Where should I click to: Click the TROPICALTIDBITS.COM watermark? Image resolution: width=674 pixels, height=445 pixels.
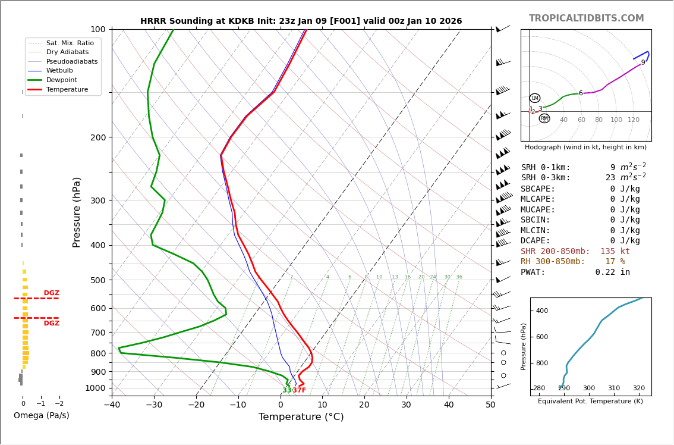(x=586, y=18)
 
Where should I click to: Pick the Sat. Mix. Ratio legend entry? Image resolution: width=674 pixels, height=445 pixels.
(x=70, y=43)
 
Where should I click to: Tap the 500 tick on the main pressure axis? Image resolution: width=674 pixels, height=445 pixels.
(x=98, y=280)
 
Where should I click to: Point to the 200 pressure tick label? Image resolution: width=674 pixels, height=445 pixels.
(x=98, y=137)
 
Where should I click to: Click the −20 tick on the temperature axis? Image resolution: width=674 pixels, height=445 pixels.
(x=196, y=406)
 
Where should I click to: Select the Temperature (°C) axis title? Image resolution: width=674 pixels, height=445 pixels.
(x=301, y=417)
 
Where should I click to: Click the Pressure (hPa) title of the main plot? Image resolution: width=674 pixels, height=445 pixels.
(x=77, y=212)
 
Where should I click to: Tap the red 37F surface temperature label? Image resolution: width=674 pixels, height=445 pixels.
(x=299, y=390)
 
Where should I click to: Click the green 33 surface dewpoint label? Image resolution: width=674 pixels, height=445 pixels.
(x=286, y=390)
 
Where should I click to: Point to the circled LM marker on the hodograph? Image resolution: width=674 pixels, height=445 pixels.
(x=535, y=98)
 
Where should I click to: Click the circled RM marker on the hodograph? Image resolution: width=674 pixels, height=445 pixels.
(x=544, y=118)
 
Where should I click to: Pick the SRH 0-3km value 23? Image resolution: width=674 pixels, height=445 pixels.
(x=610, y=178)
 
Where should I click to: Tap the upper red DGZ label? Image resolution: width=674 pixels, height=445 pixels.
(x=52, y=293)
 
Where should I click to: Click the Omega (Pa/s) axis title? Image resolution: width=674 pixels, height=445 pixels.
(x=41, y=415)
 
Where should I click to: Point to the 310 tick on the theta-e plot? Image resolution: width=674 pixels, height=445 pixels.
(x=614, y=388)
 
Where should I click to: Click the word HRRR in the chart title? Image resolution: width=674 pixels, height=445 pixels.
(x=154, y=21)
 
